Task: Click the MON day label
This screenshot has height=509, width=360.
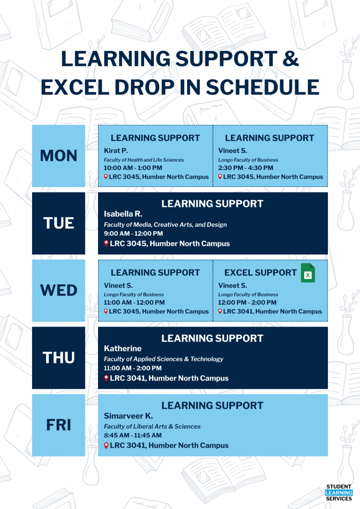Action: click(58, 156)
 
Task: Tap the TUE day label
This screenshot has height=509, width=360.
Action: click(58, 223)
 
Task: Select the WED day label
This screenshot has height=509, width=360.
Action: click(58, 290)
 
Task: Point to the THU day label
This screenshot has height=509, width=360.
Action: click(58, 358)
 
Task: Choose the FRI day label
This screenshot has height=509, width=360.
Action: click(58, 425)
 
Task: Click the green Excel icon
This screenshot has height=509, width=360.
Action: click(308, 273)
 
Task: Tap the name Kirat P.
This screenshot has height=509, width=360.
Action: click(116, 151)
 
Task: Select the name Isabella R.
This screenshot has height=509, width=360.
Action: click(123, 214)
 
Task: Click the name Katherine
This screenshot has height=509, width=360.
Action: click(123, 348)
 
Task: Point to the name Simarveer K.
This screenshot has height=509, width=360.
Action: click(128, 416)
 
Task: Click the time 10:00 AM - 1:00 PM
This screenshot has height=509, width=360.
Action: click(133, 168)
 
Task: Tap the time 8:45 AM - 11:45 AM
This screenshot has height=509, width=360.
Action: click(133, 435)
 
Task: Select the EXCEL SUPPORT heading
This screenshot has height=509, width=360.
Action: click(261, 273)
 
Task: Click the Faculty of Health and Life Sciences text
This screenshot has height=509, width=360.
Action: click(144, 160)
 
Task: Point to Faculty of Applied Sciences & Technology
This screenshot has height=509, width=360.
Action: click(164, 359)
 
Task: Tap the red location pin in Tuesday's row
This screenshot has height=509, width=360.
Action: click(106, 243)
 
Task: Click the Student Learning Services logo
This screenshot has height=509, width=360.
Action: click(339, 493)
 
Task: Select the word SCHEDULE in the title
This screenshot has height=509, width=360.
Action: click(262, 87)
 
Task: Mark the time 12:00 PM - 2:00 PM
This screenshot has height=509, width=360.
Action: click(247, 302)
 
